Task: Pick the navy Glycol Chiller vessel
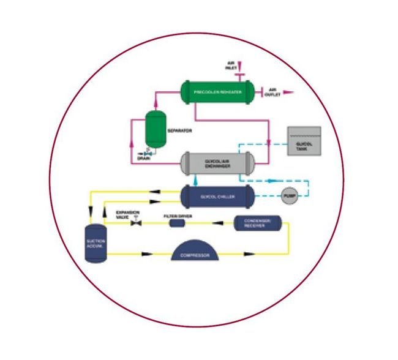217,196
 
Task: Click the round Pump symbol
288,196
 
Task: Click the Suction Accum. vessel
95,244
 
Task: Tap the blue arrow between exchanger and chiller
195,180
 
